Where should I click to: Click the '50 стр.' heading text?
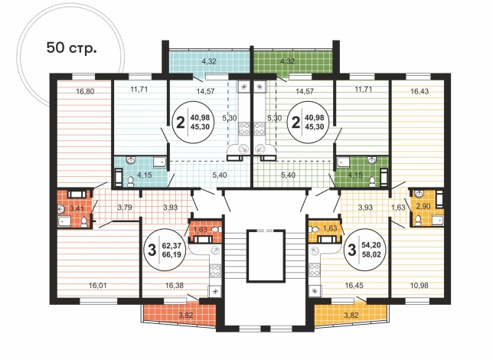[71, 47]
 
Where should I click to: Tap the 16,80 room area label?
[85, 92]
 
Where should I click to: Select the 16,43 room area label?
[420, 92]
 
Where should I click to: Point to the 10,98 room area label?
[420, 286]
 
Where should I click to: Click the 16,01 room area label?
[98, 286]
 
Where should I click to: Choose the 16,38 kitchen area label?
[175, 286]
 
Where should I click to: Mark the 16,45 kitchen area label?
[354, 286]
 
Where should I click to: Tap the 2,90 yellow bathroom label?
[423, 207]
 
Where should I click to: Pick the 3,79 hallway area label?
[125, 208]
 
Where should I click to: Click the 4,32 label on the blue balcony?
[209, 62]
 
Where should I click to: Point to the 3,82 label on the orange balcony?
[186, 315]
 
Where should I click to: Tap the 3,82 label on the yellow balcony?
[351, 315]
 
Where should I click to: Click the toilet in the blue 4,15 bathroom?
[130, 182]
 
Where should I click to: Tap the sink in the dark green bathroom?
[372, 161]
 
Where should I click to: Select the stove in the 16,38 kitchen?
[216, 270]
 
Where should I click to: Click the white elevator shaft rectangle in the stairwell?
[266, 256]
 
